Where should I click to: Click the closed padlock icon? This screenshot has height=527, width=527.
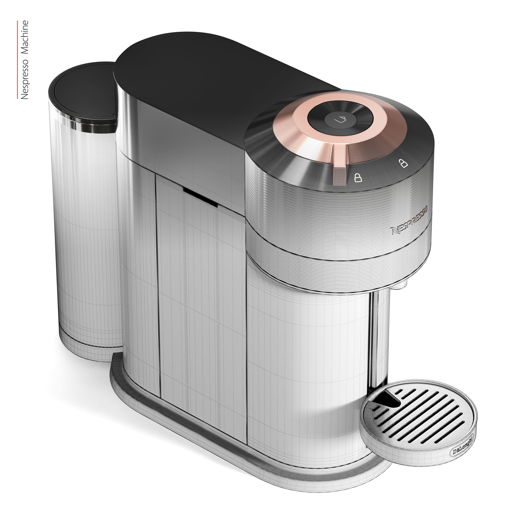358,178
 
